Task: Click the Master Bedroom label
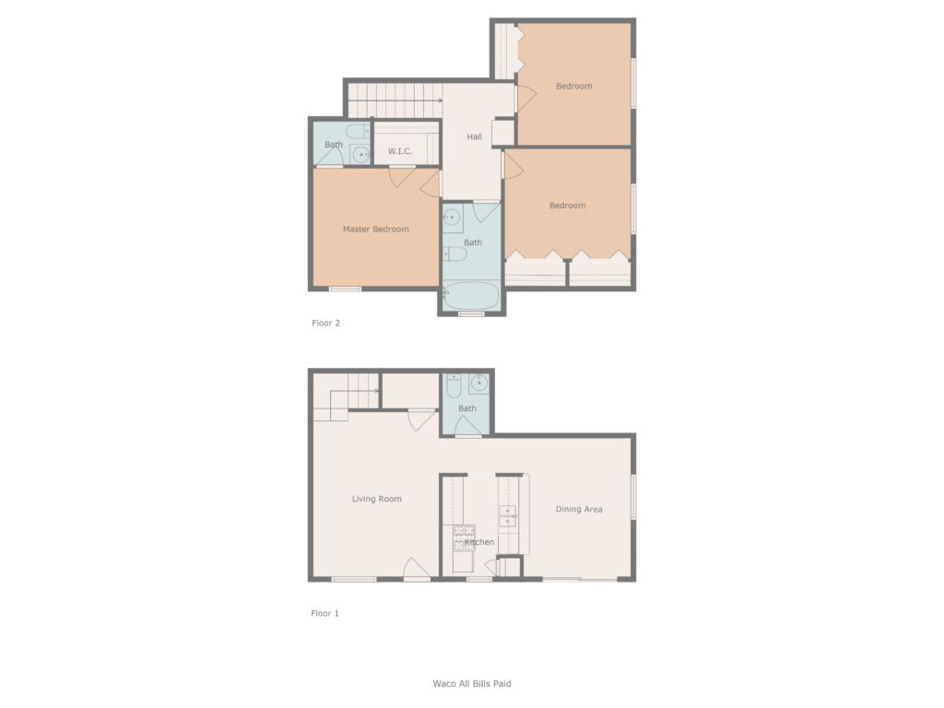click(375, 229)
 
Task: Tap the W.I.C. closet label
click(399, 151)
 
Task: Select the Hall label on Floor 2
click(474, 137)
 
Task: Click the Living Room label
click(377, 499)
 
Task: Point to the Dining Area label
click(579, 509)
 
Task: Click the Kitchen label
click(479, 542)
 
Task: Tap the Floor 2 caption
click(325, 324)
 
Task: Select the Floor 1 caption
click(324, 613)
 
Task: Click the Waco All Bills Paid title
click(472, 684)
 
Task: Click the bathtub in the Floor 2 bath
click(472, 297)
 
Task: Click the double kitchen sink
click(508, 515)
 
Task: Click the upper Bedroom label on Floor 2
click(573, 87)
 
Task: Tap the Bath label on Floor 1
click(467, 408)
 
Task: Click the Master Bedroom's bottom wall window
click(345, 289)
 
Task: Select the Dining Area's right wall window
click(633, 497)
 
